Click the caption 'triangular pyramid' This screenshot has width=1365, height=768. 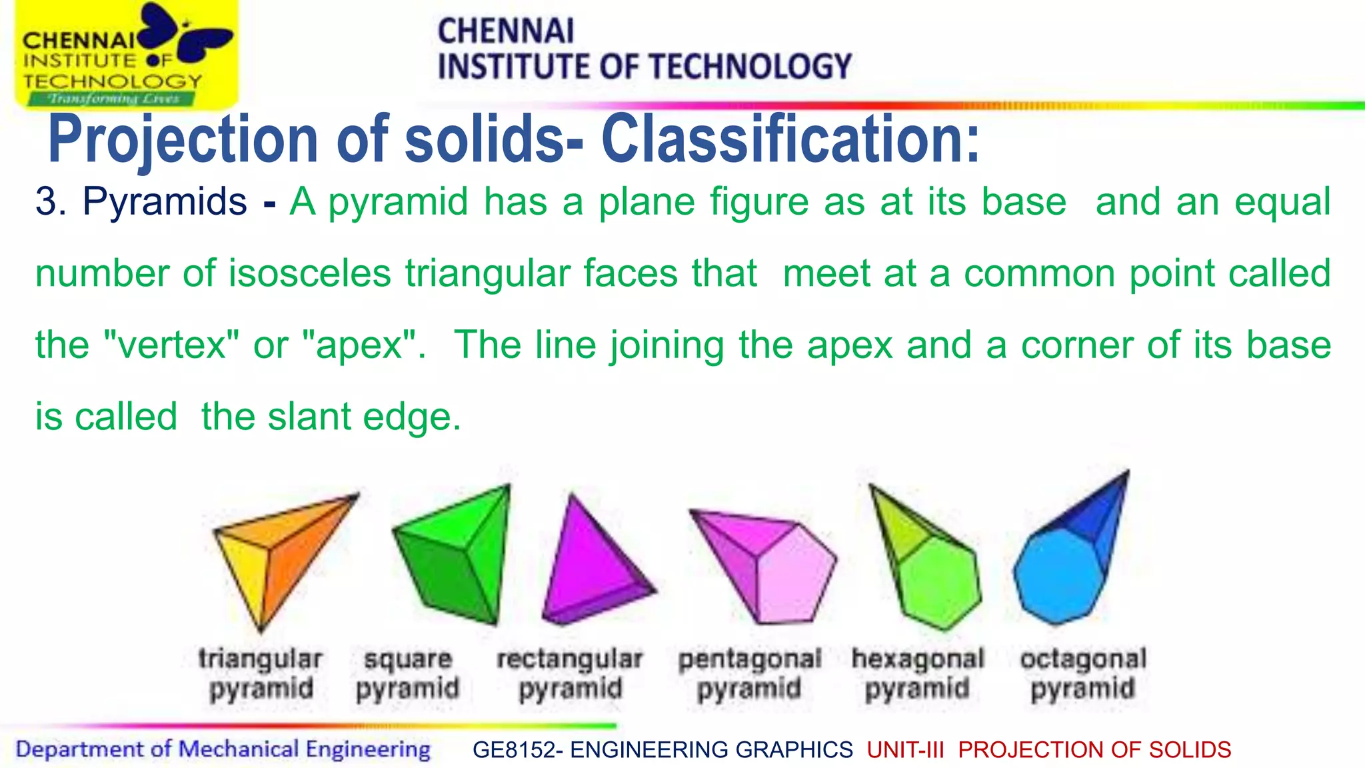pos(261,673)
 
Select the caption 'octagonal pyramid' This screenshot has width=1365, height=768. pos(1083,673)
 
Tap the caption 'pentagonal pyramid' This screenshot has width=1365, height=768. pos(749,673)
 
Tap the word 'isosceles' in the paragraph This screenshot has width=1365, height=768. pos(309,273)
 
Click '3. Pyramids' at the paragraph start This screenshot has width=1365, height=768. pos(141,201)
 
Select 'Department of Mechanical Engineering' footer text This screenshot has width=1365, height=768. pos(223,749)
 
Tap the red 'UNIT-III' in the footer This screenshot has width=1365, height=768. pos(906,750)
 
